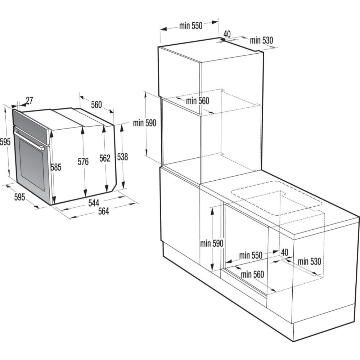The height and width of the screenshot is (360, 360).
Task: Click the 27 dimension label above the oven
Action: pos(30,100)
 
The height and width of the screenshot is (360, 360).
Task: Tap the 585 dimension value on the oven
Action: pos(56,167)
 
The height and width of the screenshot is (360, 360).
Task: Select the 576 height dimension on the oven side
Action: pos(83,162)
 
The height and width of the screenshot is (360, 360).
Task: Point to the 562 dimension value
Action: pos(105,158)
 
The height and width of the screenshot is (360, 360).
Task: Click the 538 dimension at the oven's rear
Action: pos(122,157)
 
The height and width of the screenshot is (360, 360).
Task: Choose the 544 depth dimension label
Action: pos(94,203)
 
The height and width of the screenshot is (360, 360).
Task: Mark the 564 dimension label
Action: pos(104,211)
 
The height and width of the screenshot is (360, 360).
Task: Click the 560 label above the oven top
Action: pos(96,105)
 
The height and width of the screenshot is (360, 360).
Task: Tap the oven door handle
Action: pos(29,140)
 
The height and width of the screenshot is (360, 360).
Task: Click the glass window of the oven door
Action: pos(32,165)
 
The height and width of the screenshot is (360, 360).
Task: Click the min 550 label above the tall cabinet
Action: pos(191,26)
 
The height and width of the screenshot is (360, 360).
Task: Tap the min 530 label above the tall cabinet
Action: pos(261,40)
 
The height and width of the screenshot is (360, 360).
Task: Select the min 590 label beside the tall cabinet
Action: pos(145,123)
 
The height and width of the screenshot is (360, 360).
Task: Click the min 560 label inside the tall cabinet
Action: pos(197,101)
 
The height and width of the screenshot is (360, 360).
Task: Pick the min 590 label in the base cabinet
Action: pos(212,243)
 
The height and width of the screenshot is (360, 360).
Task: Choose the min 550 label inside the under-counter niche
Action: pos(251,255)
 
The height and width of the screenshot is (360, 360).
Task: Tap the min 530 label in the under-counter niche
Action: pos(309,261)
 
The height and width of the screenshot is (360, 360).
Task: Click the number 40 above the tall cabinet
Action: pos(227,34)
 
